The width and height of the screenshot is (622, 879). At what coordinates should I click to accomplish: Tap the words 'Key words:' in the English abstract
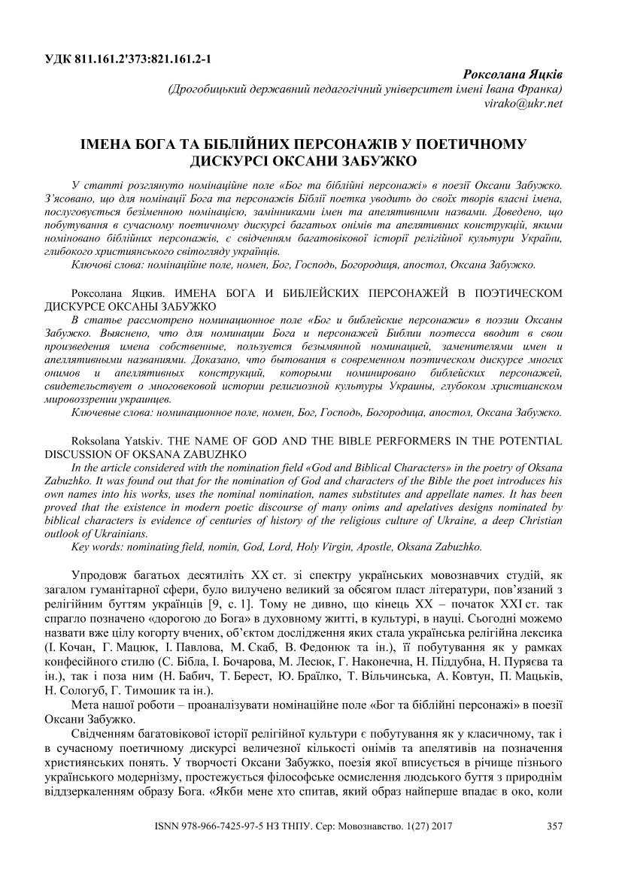96,546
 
